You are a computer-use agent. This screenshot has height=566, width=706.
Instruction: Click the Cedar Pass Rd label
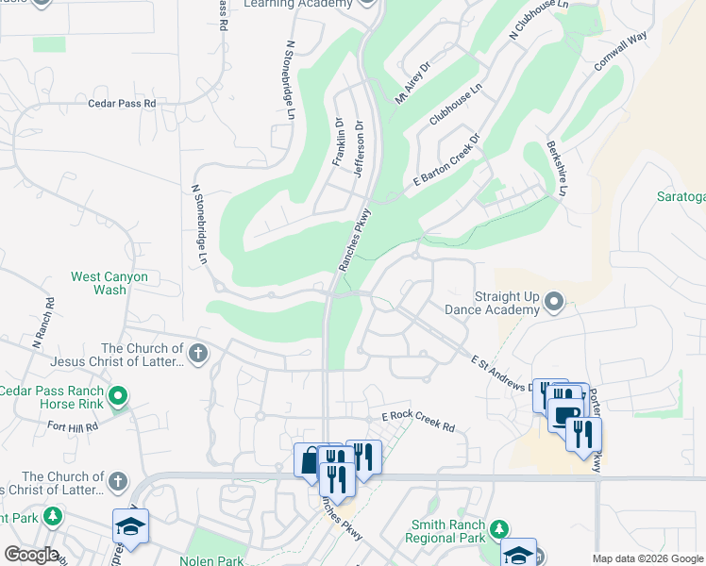tap(122, 103)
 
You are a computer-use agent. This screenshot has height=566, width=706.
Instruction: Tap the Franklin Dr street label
tap(339, 141)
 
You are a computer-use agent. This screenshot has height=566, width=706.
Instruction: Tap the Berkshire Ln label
tap(556, 169)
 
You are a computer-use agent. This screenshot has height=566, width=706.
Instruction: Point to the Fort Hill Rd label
tap(73, 426)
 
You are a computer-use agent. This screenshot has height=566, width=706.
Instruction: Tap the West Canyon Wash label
tap(109, 283)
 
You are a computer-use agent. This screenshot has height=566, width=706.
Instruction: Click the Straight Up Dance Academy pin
tap(554, 303)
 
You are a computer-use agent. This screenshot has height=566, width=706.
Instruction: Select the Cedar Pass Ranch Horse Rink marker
tap(118, 395)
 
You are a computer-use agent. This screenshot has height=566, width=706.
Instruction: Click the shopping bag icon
tap(309, 460)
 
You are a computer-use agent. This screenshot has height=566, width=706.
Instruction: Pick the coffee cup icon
tap(565, 415)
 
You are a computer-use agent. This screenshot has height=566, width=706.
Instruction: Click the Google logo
tap(30, 555)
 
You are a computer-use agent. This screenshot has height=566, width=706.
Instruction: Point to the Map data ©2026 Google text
tap(648, 558)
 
